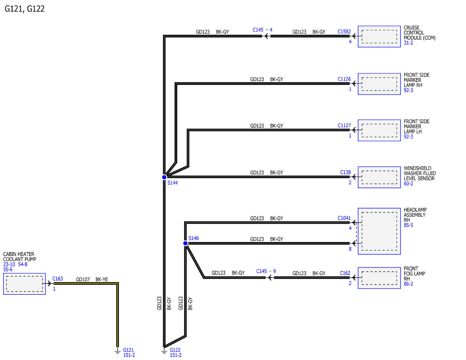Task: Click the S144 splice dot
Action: tap(164, 177)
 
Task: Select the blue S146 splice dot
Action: tap(186, 243)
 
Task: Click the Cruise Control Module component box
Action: tap(379, 37)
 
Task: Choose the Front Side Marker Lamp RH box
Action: tap(379, 84)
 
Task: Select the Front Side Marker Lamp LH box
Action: tap(379, 130)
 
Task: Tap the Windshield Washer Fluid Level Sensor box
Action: tap(379, 177)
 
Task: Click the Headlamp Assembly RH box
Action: tap(379, 231)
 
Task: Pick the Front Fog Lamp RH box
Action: tap(379, 278)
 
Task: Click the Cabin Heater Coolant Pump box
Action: tap(24, 283)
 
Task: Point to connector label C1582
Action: tap(344, 31)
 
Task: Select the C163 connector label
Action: tap(58, 278)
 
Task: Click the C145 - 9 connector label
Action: tap(266, 271)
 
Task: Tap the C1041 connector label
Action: tap(344, 218)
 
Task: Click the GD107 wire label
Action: tap(83, 279)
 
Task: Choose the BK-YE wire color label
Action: tap(102, 279)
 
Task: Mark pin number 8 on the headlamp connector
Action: tap(350, 249)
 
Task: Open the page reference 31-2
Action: tap(408, 43)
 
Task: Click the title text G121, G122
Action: tap(24, 9)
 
